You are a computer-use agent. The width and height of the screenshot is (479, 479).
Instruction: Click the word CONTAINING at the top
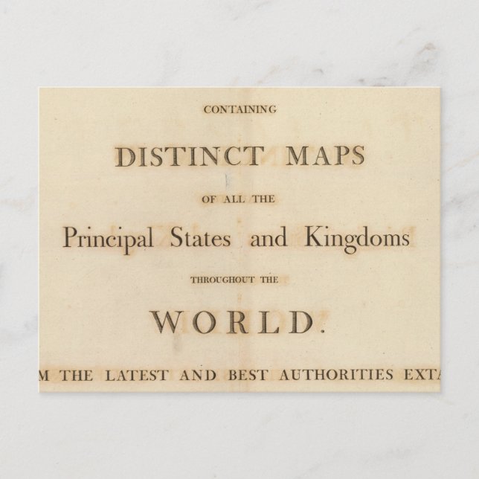tap(239, 109)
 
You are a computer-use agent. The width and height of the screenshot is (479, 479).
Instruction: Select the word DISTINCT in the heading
tap(189, 156)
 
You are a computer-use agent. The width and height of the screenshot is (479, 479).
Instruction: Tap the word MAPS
tap(326, 155)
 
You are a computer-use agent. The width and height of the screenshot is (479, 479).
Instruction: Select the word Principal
tap(108, 239)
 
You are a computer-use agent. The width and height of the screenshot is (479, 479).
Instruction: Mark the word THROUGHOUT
tap(220, 280)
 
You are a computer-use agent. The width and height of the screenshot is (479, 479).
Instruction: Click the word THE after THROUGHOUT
tap(269, 280)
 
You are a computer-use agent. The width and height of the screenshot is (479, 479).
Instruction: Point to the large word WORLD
tap(231, 322)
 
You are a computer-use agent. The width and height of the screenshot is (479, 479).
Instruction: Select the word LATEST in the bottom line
tap(136, 375)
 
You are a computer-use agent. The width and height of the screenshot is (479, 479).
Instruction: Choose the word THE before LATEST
tap(77, 375)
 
